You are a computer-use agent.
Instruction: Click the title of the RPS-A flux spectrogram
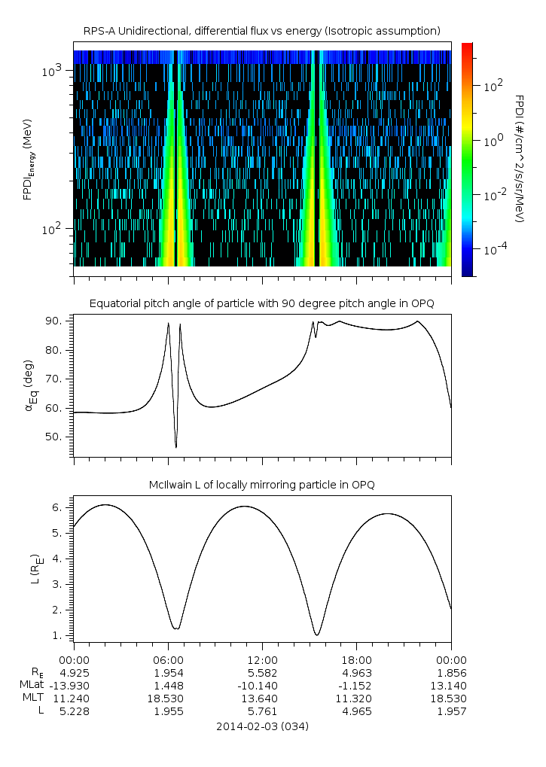tap(262, 32)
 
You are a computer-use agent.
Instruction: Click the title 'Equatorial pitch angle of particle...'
tap(262, 304)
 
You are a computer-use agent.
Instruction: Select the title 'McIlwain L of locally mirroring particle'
tap(262, 485)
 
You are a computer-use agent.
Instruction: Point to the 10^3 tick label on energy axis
tap(51, 71)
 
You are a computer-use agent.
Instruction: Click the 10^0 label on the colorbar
tap(493, 142)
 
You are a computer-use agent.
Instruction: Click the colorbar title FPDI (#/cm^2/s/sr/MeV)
tap(520, 159)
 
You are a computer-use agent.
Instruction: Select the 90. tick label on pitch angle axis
tap(54, 321)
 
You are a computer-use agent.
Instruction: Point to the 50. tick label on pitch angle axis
tap(54, 437)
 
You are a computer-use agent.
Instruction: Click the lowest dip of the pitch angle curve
tap(176, 447)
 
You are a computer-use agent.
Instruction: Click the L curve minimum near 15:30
tap(318, 635)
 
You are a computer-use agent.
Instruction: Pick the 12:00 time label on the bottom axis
tap(263, 660)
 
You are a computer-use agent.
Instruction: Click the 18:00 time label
tap(357, 660)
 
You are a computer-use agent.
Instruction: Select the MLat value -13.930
tap(69, 686)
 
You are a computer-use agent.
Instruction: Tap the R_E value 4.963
tap(357, 673)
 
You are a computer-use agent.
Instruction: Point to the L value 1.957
tap(452, 711)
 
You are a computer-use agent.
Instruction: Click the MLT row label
tap(33, 698)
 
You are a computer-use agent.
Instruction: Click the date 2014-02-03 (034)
tap(263, 726)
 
